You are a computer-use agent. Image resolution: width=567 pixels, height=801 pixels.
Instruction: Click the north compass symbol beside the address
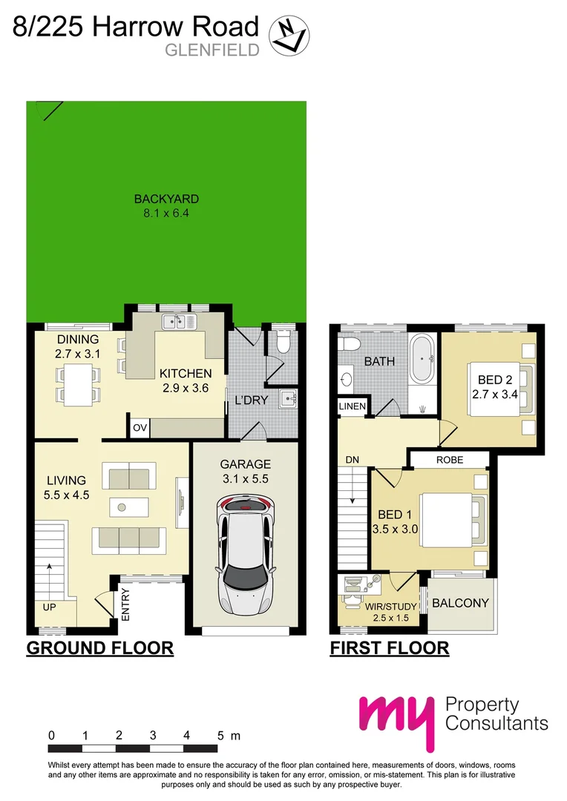(x=289, y=36)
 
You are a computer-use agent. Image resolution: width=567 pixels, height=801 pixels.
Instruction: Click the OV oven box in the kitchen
(x=140, y=428)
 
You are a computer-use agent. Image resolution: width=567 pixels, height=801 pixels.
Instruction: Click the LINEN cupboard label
(x=352, y=407)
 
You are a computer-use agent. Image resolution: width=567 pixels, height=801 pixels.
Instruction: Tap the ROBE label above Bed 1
(x=449, y=460)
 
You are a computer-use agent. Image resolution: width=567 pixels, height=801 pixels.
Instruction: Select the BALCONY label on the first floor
(x=461, y=603)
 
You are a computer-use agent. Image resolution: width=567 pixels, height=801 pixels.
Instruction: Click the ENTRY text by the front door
(x=125, y=604)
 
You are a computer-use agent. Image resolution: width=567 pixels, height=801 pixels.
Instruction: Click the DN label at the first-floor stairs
(x=353, y=460)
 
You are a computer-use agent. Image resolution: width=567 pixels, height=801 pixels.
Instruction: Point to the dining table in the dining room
(x=79, y=374)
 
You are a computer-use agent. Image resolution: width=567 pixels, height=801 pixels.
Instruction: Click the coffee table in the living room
(x=128, y=507)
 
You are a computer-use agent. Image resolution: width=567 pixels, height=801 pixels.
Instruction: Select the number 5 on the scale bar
(x=220, y=736)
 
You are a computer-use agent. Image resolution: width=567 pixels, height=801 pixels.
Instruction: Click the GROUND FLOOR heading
(x=100, y=647)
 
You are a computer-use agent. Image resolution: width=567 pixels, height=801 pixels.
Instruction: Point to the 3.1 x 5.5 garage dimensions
(x=246, y=479)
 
